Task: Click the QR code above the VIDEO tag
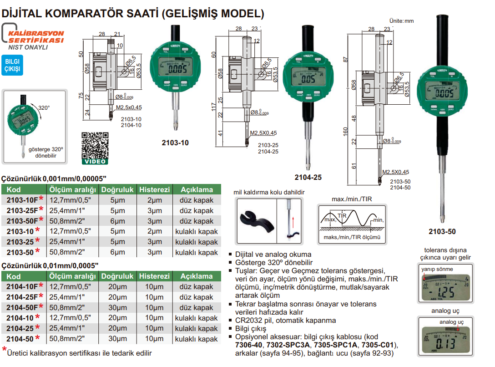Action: (x=95, y=145)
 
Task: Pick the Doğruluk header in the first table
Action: (x=117, y=189)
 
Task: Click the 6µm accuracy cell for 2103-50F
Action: (x=117, y=221)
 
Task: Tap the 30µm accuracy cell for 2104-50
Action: (x=117, y=339)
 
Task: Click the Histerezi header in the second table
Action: (x=154, y=276)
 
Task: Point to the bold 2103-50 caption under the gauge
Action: (x=442, y=232)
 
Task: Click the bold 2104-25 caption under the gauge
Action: (x=308, y=178)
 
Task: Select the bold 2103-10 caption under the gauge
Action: (x=175, y=143)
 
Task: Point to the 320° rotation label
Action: (x=44, y=108)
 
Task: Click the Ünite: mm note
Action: (x=402, y=21)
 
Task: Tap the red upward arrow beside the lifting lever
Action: (x=293, y=223)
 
